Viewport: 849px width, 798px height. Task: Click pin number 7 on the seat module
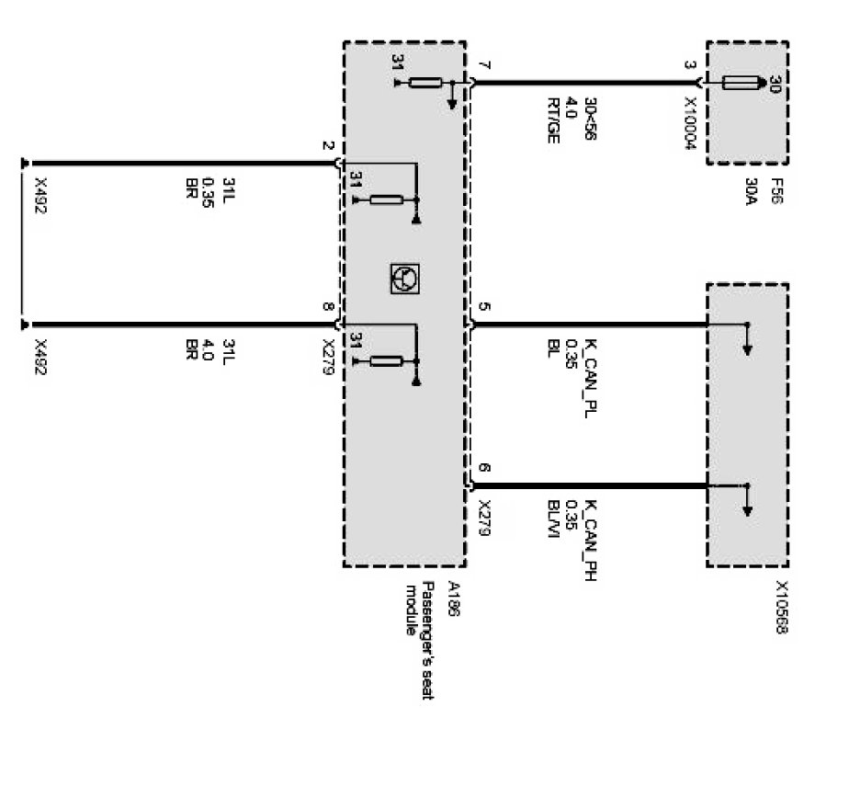(x=484, y=66)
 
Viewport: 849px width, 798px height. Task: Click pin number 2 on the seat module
(x=328, y=148)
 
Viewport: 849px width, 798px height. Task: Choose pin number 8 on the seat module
(x=328, y=310)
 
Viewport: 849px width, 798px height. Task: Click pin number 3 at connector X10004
(x=691, y=66)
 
